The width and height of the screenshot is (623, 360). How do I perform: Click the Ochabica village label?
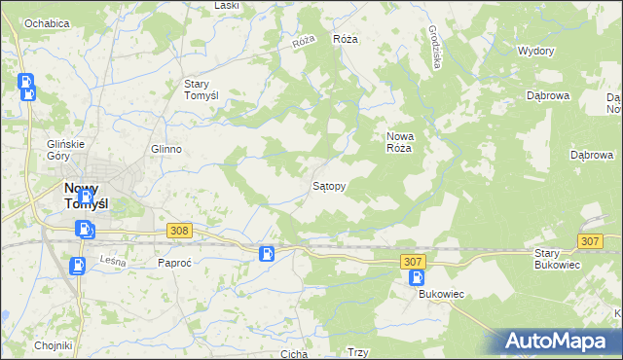[46, 22]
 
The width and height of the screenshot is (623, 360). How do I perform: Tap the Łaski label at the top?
[227, 6]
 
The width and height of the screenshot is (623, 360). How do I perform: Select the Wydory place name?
[535, 51]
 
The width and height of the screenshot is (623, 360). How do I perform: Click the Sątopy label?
[328, 184]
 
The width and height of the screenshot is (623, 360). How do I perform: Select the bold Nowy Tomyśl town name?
[86, 196]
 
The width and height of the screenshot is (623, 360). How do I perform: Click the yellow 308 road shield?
[178, 230]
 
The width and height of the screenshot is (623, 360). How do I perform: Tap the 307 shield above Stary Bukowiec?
[589, 240]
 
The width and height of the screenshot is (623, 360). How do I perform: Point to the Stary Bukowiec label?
[558, 258]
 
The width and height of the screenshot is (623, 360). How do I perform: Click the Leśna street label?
[114, 260]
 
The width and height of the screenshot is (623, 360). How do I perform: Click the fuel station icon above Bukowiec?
[417, 278]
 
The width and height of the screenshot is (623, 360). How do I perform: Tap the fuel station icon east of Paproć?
[266, 254]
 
